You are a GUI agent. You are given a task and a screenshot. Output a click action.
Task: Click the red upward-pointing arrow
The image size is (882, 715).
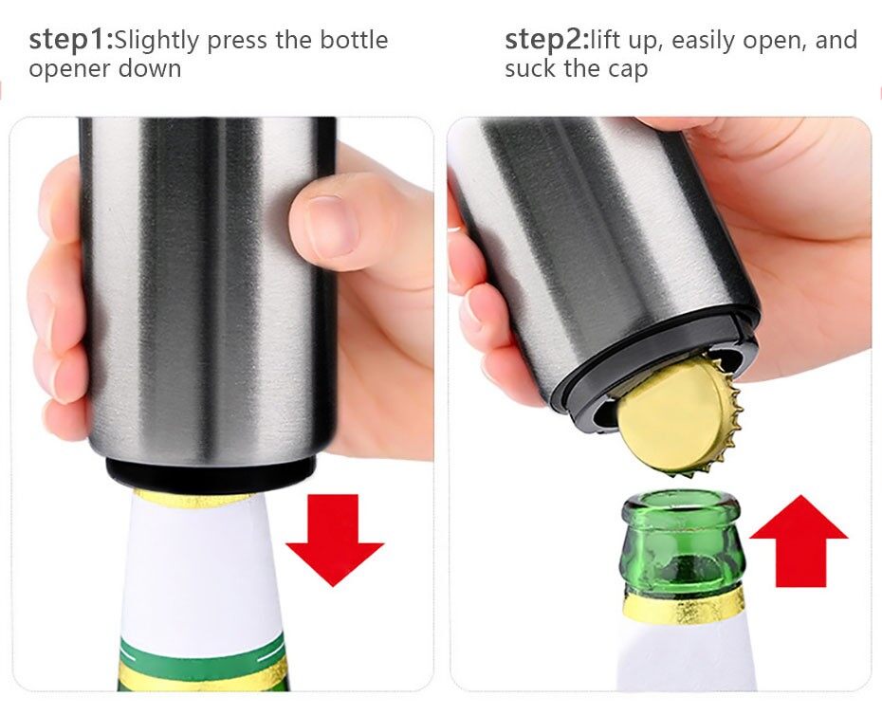tap(799, 541)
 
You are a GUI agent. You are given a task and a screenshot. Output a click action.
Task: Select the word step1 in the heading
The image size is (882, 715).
tap(71, 41)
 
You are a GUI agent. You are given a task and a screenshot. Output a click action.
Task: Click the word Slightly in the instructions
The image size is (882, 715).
tap(156, 41)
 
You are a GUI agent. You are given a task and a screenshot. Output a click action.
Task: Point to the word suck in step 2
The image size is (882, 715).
tap(531, 69)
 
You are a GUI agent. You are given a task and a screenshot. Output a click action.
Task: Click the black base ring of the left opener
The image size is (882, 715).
tap(211, 471)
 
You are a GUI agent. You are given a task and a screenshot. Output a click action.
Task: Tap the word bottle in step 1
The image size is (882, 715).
tap(355, 41)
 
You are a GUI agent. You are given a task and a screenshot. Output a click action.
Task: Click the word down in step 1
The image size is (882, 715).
tap(150, 69)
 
